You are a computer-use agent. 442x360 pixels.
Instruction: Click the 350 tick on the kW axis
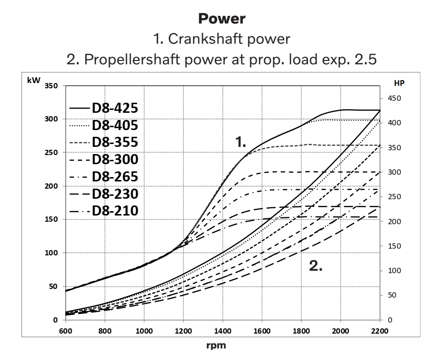click(x=51, y=86)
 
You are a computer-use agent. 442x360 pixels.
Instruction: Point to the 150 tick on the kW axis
click(x=51, y=219)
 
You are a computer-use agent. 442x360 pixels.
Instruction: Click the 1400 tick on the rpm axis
click(x=223, y=331)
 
